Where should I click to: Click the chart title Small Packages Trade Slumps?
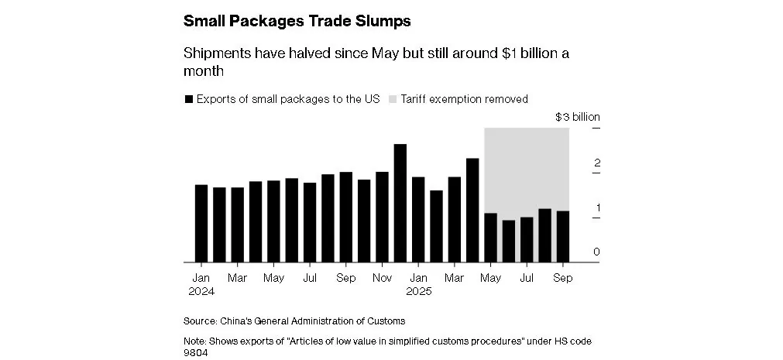point(297,22)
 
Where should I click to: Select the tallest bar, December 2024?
point(400,203)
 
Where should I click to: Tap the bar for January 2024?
point(201,223)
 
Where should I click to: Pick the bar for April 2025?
point(472,210)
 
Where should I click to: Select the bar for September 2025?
point(563,236)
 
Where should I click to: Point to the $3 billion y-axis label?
point(578,118)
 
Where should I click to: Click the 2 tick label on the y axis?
point(575,163)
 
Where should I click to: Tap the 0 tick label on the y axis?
point(575,252)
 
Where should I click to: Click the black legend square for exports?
point(188,100)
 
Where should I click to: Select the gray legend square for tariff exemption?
point(393,100)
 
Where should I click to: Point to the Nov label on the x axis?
point(382,278)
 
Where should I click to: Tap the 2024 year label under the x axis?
point(201,292)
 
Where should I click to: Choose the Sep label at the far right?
point(563,278)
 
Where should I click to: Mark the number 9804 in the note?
point(197,353)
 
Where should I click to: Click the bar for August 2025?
point(545,235)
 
